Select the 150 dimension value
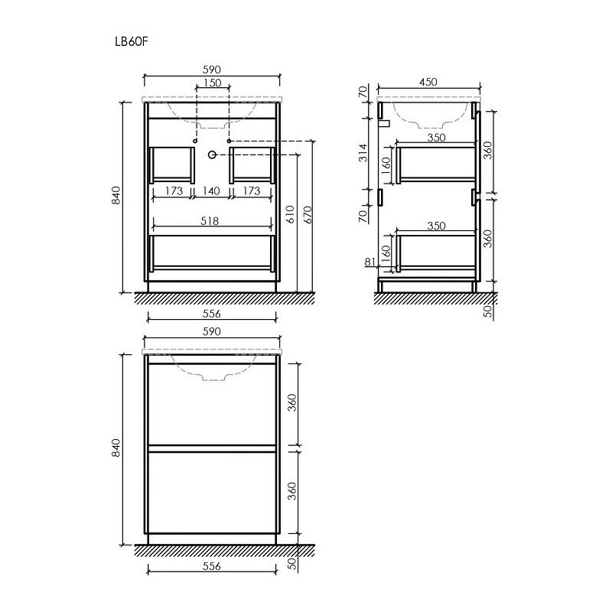tap(212, 83)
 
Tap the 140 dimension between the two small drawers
tap(212, 190)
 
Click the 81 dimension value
tap(371, 262)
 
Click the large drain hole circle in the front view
tap(212, 155)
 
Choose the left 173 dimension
tap(173, 190)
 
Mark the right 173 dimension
tap(252, 190)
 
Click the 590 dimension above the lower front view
tap(212, 331)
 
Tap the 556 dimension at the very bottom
tap(212, 567)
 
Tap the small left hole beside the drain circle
tap(196, 142)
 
